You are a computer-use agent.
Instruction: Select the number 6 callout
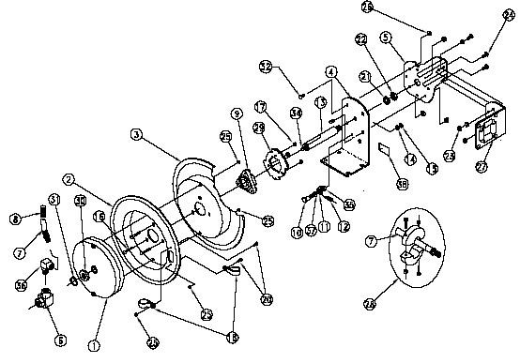point(61,340)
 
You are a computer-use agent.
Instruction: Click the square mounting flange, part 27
point(487,135)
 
